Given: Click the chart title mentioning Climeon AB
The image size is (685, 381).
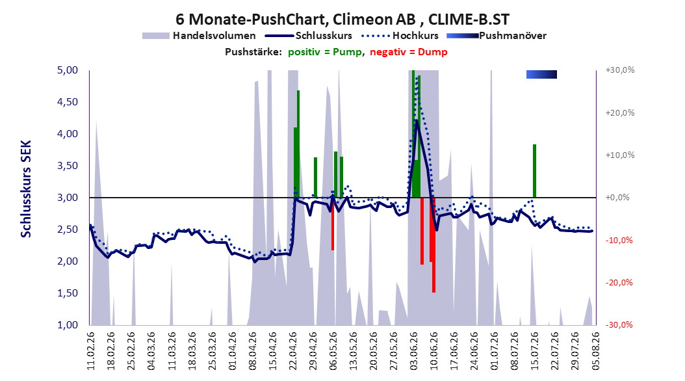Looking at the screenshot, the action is pos(342,20).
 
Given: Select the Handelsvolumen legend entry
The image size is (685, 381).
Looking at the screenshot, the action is pos(199,36).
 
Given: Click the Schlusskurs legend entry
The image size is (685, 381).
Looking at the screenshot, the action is pos(309,36).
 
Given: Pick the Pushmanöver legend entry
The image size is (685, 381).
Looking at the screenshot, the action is pos(497,36).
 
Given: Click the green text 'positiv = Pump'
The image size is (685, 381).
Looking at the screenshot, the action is pos(325,52).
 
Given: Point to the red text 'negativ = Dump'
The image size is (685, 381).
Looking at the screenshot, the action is pos(409,52).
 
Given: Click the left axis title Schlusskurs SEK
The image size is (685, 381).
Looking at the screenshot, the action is pos(26,189).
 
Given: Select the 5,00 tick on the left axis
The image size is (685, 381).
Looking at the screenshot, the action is pos(68,70).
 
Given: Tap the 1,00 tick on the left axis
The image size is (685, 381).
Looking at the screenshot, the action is pos(68,324).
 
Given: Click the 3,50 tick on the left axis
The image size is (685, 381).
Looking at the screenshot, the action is pos(68,166).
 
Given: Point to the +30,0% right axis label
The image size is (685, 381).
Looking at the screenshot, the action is pos(620,70).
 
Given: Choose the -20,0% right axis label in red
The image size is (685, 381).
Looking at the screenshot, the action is pos(619,283).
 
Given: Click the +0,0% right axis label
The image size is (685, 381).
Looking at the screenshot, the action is pos(617,198).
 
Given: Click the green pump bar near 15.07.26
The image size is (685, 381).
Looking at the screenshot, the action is pos(534,171).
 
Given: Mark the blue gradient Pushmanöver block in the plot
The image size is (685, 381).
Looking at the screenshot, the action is pos(542,74).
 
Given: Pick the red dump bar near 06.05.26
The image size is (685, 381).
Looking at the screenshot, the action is pos(333,224).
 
